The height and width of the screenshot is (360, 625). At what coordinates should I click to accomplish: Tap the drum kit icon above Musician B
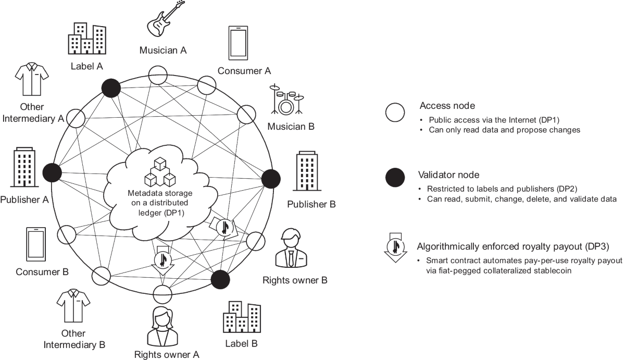pos(285,100)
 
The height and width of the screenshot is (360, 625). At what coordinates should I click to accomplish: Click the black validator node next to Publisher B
pos(270,179)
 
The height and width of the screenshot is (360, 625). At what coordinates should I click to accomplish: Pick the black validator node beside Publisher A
pos(52,171)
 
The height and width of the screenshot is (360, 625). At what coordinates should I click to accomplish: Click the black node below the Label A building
pos(110,88)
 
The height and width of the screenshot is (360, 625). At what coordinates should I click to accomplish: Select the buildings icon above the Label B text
pos(241,319)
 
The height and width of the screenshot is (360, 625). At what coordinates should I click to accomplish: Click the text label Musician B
pos(291,126)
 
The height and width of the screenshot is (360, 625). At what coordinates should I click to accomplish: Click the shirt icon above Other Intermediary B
pos(73,307)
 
